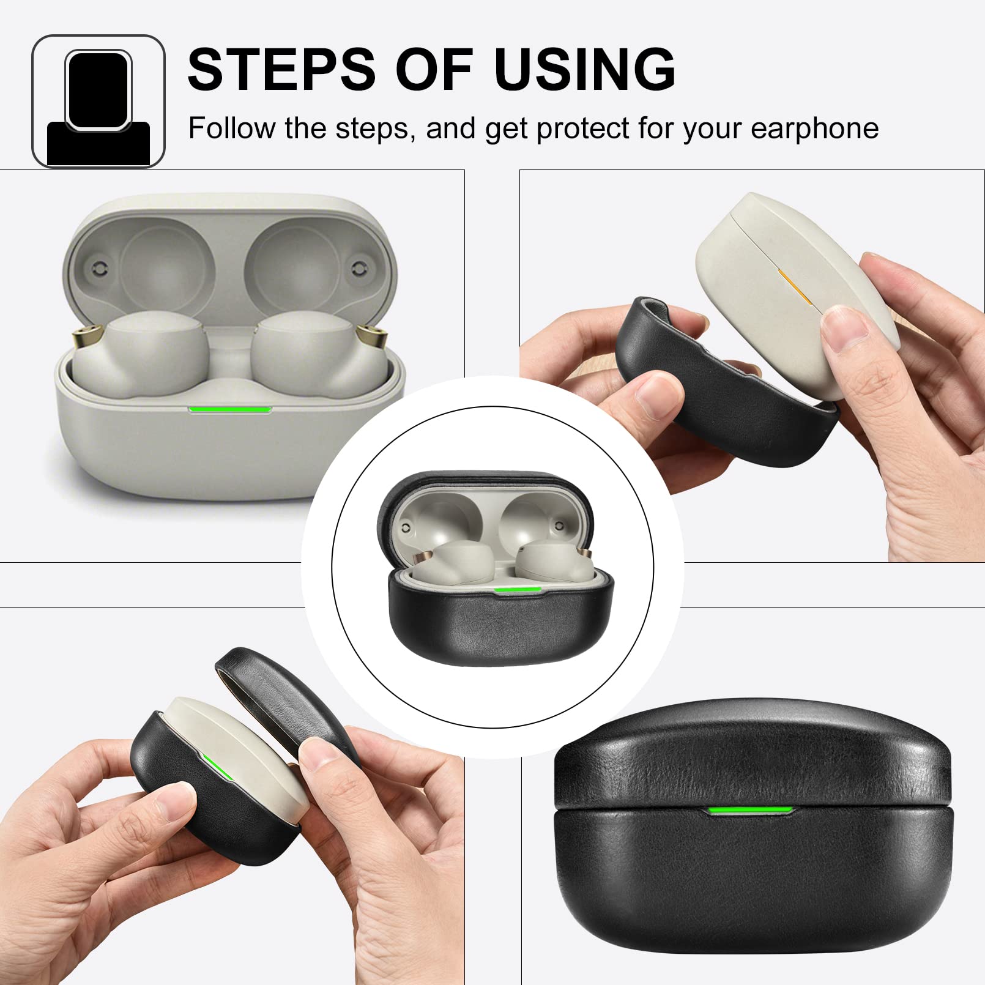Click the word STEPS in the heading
tap(281, 70)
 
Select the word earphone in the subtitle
tap(814, 128)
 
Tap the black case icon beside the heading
tap(98, 102)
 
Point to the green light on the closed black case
tap(750, 811)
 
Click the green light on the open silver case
tap(230, 409)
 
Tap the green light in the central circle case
tap(518, 590)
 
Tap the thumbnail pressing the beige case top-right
tap(844, 327)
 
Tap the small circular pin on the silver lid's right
tap(359, 268)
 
